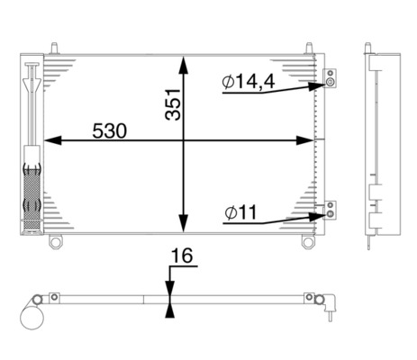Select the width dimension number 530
pos(109,130)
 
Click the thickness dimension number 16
pos(181,256)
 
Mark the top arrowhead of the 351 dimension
pos(184,63)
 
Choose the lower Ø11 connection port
pos(331,211)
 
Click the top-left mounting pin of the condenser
pos(57,45)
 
